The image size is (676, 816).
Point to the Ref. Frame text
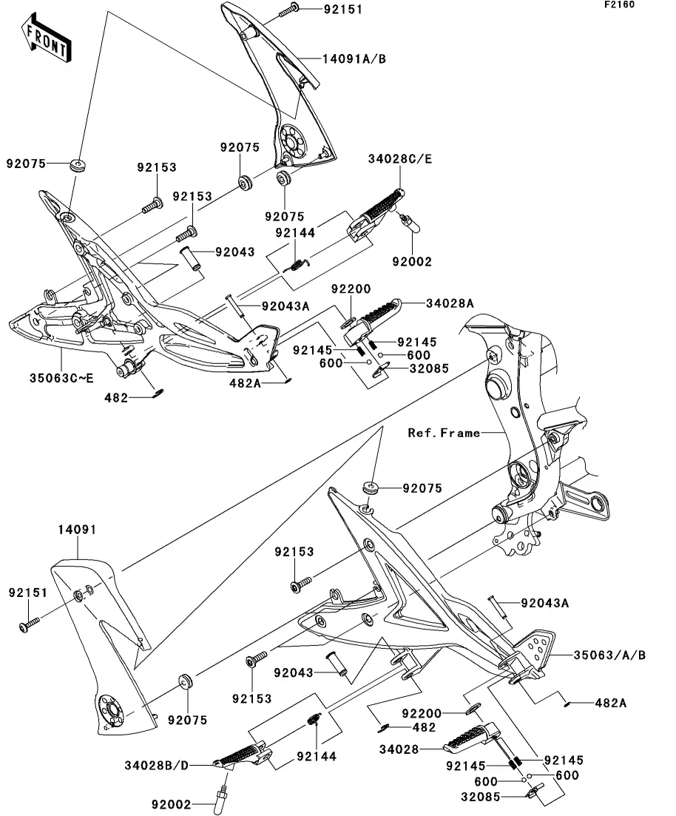click(444, 433)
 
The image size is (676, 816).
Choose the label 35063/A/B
click(610, 655)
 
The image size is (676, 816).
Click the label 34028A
click(449, 303)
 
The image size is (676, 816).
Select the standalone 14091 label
click(77, 530)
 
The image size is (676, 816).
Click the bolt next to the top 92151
click(288, 9)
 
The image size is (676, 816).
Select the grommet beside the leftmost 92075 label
click(76, 163)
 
